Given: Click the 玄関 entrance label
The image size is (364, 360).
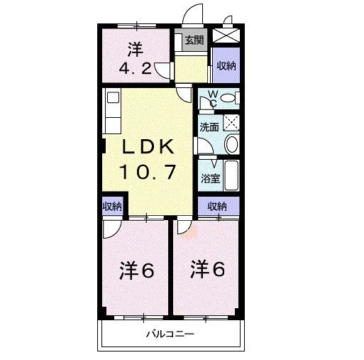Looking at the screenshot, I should click(x=194, y=40).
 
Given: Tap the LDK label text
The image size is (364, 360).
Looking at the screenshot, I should click(x=149, y=147).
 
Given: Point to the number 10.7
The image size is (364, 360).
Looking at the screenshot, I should click(x=149, y=171).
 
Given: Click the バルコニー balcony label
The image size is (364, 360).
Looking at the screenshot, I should click(x=170, y=333).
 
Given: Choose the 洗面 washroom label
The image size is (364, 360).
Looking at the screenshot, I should click(x=209, y=128).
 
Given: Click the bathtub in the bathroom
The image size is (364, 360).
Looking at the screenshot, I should click(x=229, y=175).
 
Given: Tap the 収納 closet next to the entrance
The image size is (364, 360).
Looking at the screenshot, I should click(x=226, y=66).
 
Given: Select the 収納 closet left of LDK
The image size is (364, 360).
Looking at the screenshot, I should click(x=112, y=207).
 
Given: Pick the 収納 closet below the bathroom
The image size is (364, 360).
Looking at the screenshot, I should click(x=217, y=207).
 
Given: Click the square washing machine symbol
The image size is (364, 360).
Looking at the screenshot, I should click(x=231, y=122).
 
